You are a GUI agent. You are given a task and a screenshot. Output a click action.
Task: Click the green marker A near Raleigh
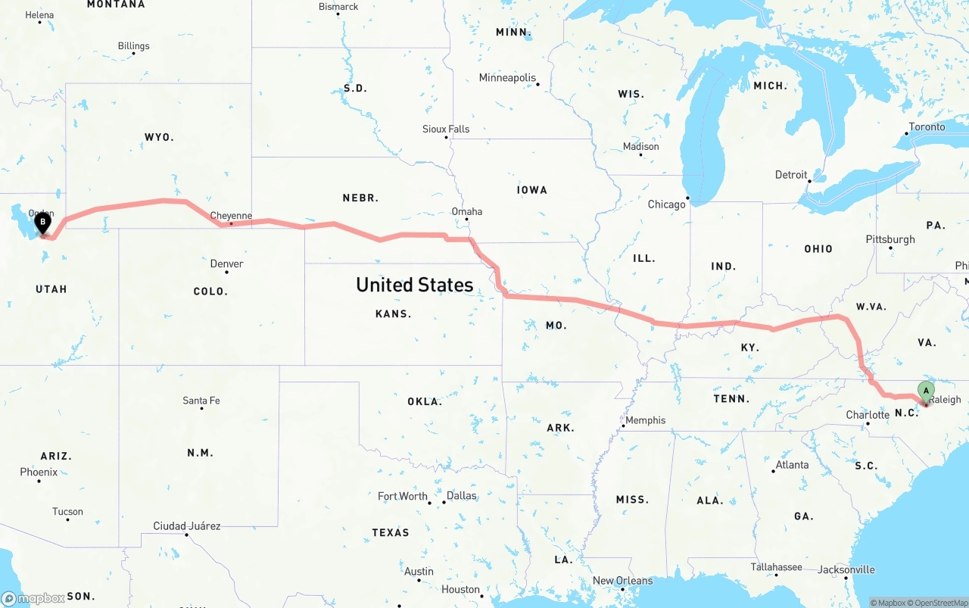tap(926, 391)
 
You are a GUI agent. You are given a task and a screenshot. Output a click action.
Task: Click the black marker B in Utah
tap(43, 223)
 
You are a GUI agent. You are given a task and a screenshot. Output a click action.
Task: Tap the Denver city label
tap(227, 263)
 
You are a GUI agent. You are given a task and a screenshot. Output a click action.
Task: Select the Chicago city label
tap(666, 204)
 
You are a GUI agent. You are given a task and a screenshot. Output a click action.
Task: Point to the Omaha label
tap(466, 211)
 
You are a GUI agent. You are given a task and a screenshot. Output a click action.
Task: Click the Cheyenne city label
tap(231, 216)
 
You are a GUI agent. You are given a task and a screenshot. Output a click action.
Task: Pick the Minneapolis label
tap(507, 78)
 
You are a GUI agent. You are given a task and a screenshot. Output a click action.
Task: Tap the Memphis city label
tap(645, 420)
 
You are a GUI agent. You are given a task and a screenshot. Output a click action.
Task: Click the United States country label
tap(414, 285)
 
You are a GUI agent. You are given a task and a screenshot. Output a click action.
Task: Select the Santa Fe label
tap(201, 401)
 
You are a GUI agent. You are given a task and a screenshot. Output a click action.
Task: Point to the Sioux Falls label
tap(446, 129)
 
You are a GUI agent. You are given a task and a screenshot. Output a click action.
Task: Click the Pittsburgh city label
tap(890, 239)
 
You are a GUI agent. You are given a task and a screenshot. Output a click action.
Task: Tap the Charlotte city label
tap(868, 415)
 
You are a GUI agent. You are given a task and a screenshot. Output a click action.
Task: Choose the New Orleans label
tap(622, 581)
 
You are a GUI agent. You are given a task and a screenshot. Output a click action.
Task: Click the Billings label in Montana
tap(134, 46)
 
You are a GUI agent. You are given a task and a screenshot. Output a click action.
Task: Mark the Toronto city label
tap(927, 126)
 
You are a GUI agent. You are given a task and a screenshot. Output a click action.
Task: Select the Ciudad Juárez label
tap(187, 525)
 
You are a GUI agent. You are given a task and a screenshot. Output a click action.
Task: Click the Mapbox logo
tap(33, 598)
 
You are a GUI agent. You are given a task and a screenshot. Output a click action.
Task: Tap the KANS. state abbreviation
tap(393, 313)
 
